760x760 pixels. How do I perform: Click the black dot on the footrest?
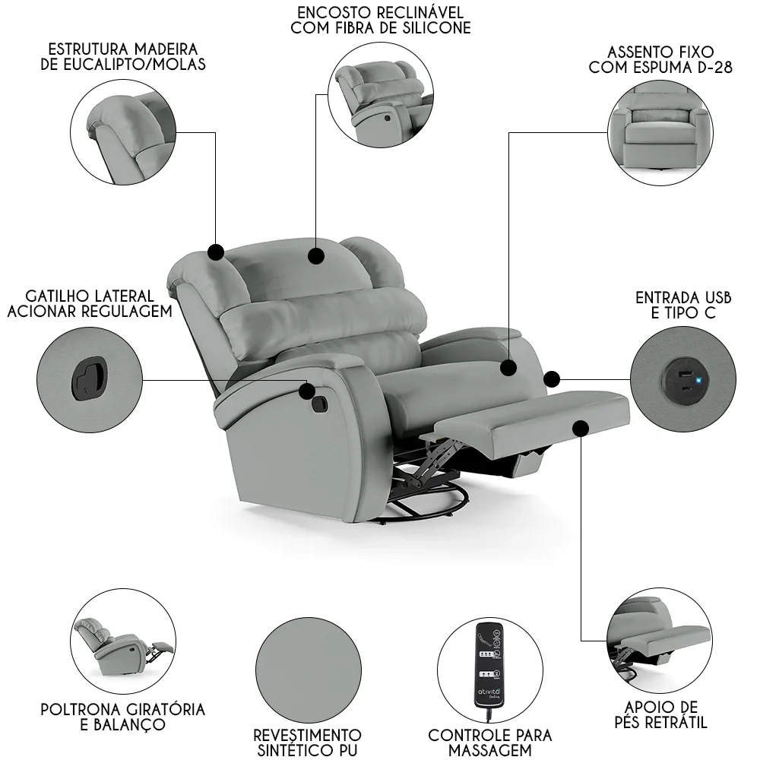click(581, 429)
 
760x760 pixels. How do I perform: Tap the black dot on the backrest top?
click(317, 255)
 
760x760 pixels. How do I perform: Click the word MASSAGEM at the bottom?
click(490, 751)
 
